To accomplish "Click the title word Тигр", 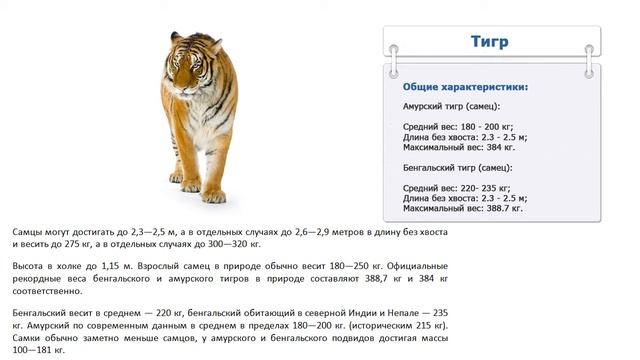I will [490, 42].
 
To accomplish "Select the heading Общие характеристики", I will [466, 86].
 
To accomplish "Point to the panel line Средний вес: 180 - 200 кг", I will [459, 126].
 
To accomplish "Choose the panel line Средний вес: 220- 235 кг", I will [458, 188].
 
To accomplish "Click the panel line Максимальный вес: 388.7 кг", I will [463, 208].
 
